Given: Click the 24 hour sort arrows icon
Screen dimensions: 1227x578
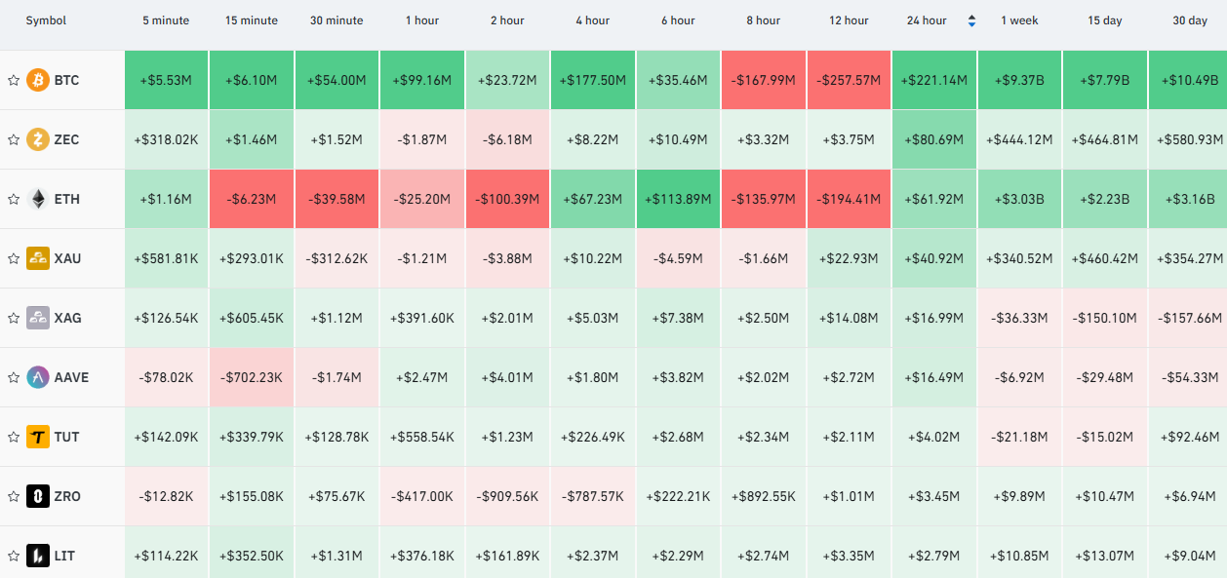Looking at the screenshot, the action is pos(971,20).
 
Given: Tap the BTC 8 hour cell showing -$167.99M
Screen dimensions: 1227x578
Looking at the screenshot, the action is pos(764,81).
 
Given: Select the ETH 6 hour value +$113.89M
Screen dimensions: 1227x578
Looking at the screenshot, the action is pos(678,199).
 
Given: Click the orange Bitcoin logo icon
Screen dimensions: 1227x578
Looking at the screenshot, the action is pos(38,81).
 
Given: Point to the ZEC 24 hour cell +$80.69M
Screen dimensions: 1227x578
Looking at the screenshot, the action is pos(934,139).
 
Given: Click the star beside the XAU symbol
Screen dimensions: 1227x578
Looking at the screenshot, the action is pos(14,258).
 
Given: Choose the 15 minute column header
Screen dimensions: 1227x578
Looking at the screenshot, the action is pos(252,20).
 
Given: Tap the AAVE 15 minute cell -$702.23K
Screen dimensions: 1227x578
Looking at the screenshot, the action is pos(252,377).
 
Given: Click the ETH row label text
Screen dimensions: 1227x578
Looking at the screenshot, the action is pos(67,199).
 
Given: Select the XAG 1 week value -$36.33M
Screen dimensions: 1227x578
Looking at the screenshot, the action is pos(1019,318).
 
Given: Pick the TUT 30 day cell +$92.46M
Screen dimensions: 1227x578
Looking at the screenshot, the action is pos(1188,437).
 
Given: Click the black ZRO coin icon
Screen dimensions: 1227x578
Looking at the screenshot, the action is pos(38,496).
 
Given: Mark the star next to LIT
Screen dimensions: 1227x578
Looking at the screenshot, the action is pos(14,557).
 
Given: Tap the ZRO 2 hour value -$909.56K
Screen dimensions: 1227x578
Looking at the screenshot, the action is pos(507,496).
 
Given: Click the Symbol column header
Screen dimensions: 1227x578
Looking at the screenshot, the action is pos(46,20).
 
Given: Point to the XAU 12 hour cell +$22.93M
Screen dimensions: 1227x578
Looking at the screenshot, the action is pos(849,258).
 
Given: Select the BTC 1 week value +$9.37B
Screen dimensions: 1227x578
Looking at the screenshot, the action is pos(1019,81).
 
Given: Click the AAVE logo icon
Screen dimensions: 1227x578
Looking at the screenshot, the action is pos(38,377).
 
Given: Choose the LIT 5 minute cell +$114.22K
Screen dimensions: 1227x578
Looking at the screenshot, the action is pos(166,557).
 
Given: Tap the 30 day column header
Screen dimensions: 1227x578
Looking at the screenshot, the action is pos(1190,20).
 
